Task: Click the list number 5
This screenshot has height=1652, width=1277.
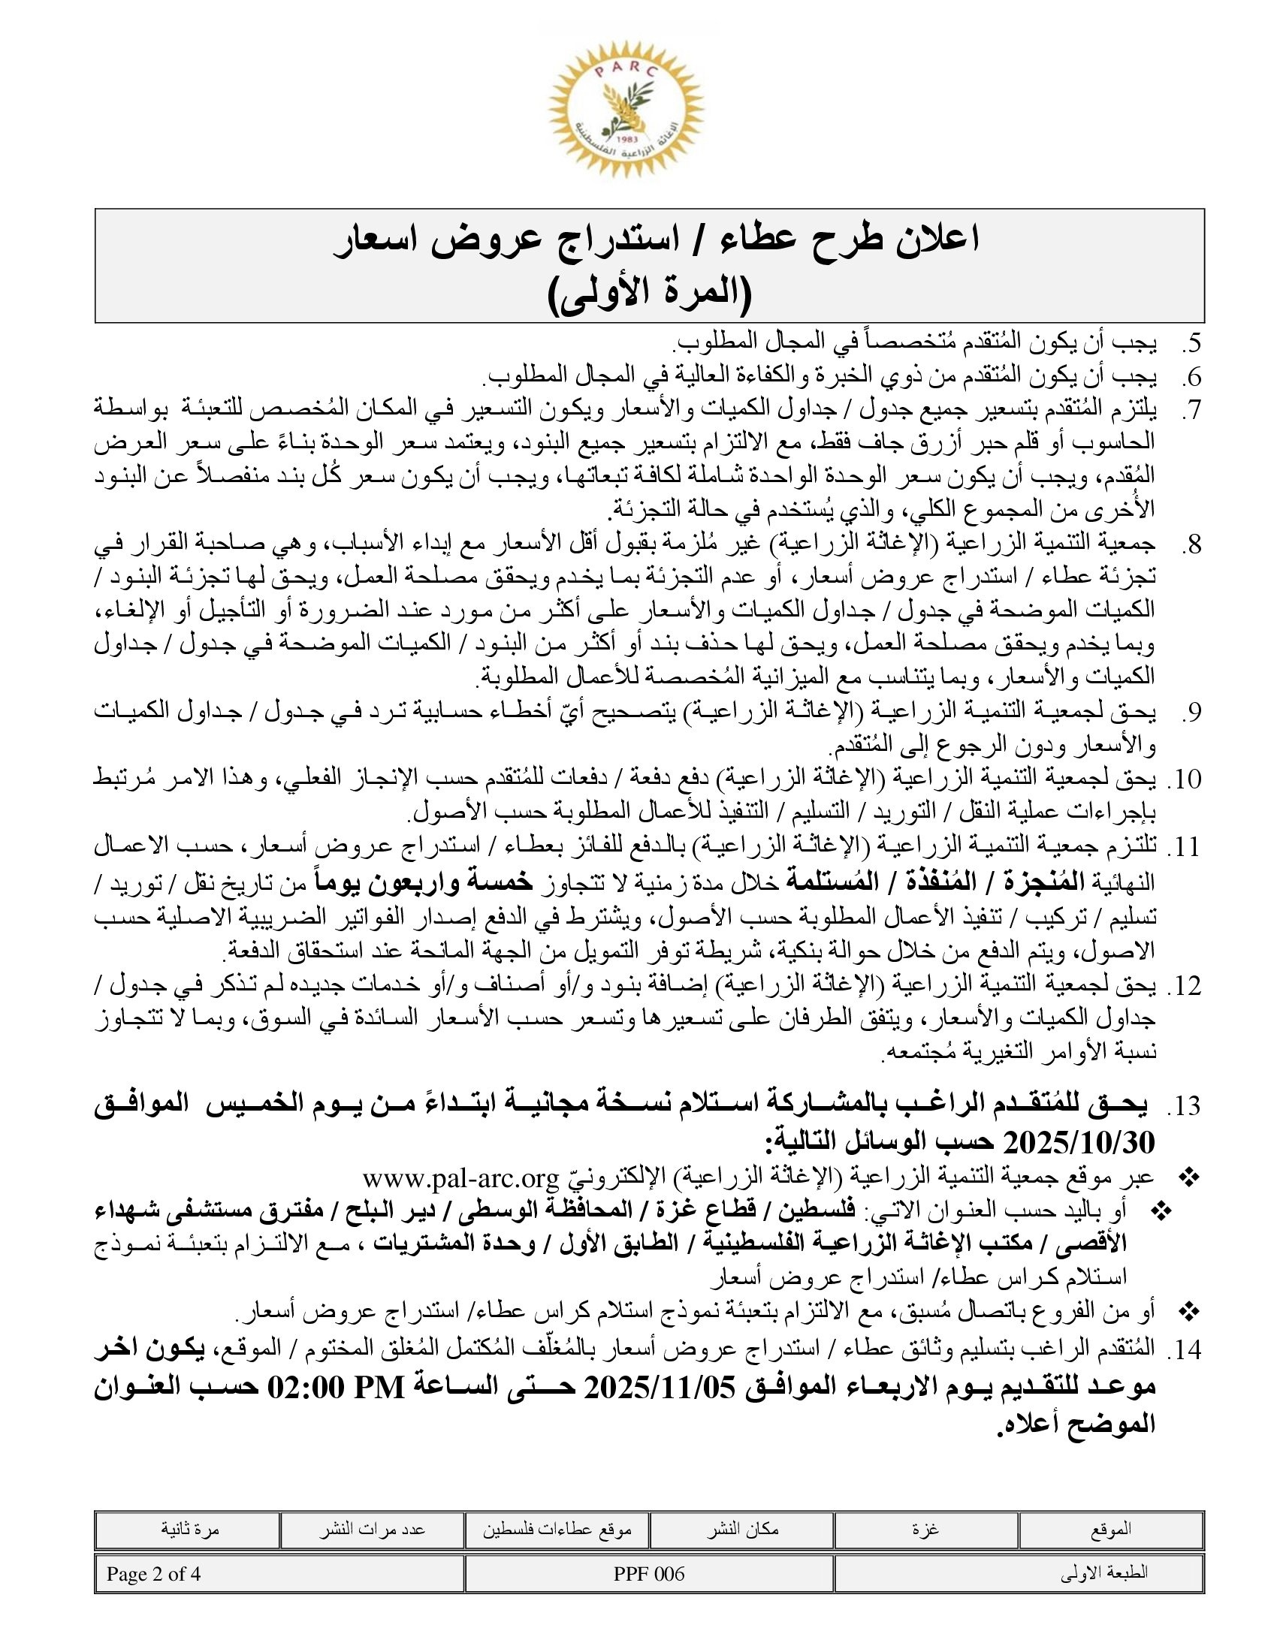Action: point(1191,344)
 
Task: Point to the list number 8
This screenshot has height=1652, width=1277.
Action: point(1191,544)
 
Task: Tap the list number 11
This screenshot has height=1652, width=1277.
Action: point(1185,847)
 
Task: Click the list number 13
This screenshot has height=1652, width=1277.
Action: point(1185,1107)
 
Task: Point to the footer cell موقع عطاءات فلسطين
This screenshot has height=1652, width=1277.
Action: point(557,1530)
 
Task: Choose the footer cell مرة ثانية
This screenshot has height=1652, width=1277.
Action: point(190,1530)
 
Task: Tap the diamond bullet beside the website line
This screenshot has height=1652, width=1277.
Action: point(1189,1177)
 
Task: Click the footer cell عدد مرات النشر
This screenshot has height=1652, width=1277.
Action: point(372,1530)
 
